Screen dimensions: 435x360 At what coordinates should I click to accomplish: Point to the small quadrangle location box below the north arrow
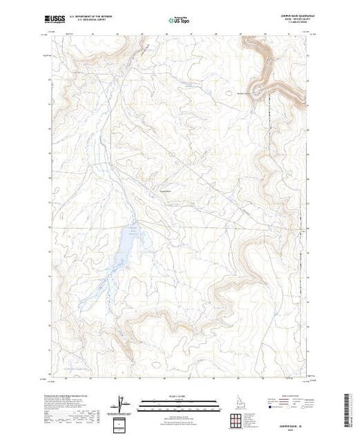point(122,423)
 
